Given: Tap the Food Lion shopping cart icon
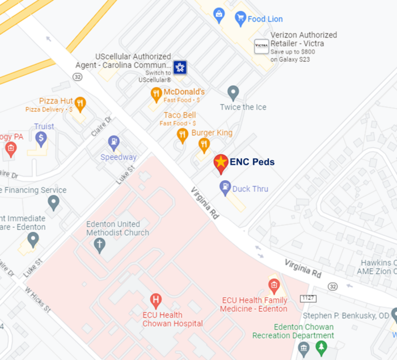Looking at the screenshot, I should tap(240, 18).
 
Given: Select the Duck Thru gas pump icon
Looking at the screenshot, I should tap(225, 186).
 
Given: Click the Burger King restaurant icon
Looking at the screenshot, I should tap(204, 144).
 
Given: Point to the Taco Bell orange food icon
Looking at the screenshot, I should tap(182, 134).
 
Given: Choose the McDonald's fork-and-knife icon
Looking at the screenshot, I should tap(156, 93).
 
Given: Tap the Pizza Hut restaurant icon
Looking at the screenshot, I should tap(80, 103).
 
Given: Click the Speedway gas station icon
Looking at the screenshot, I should tap(114, 141).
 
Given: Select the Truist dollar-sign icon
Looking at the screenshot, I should tap(41, 137).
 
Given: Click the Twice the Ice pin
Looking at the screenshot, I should tap(233, 92).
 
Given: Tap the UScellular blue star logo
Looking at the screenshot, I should tap(180, 67).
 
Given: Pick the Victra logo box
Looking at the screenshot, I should tap(261, 46).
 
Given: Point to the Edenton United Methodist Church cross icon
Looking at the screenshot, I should tap(99, 244).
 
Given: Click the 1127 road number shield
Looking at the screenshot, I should tap(308, 298).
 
